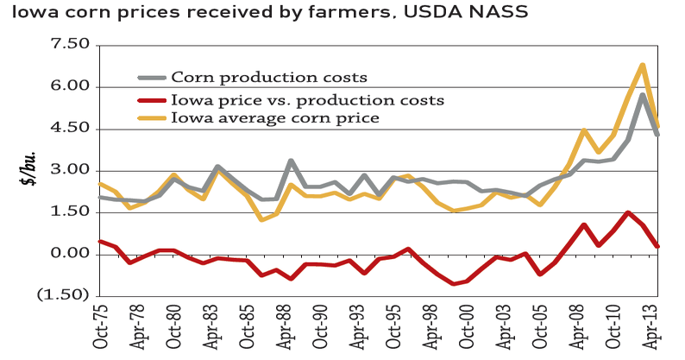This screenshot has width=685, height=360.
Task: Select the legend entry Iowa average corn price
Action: [x=275, y=117]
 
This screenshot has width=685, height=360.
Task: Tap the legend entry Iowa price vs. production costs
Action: [x=307, y=98]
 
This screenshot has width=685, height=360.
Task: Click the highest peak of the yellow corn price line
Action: [x=643, y=65]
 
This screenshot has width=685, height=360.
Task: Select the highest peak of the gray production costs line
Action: [x=643, y=95]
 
